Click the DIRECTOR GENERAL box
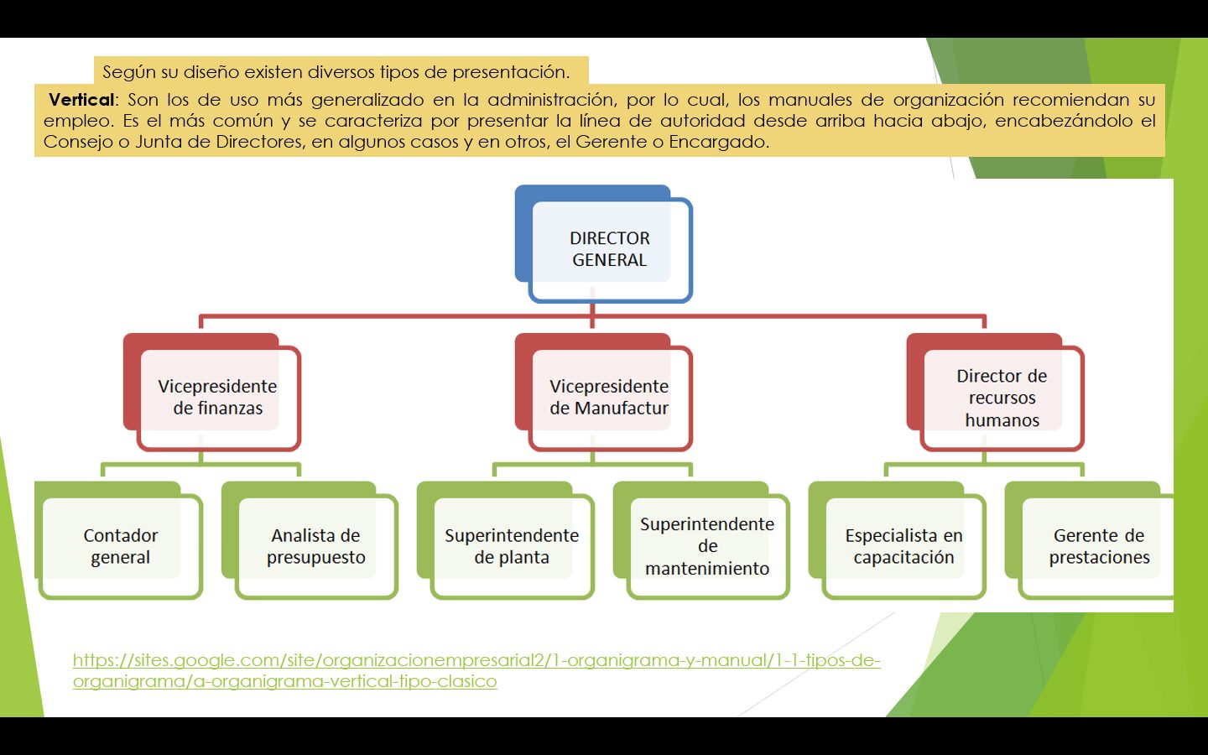click(610, 249)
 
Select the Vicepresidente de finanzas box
click(217, 398)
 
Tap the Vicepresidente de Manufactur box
click(609, 398)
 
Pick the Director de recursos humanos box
click(1002, 398)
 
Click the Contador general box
click(120, 546)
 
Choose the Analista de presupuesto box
click(316, 546)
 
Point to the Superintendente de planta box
click(512, 546)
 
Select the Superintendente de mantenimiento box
click(707, 546)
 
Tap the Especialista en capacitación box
click(903, 546)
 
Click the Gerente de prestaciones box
click(1099, 546)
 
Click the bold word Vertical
click(81, 100)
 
